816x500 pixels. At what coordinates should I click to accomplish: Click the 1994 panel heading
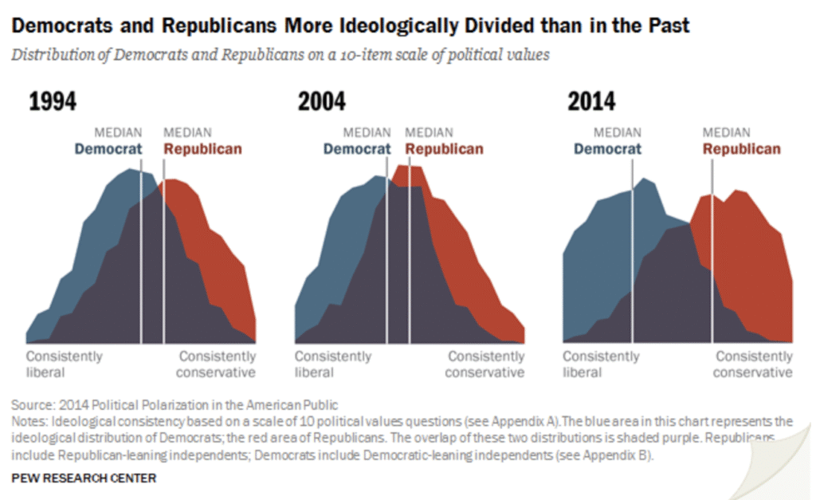point(53,102)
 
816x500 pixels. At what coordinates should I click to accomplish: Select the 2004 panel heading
point(321,102)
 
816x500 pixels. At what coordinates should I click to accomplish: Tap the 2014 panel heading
point(590,102)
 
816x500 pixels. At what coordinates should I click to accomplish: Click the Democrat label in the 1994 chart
point(108,148)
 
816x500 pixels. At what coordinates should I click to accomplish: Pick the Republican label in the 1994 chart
point(202,148)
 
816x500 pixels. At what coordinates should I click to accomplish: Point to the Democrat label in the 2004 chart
point(357,148)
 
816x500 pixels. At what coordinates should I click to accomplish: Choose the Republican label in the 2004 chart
point(444,148)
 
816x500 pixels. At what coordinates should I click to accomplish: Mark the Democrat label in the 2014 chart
point(607,148)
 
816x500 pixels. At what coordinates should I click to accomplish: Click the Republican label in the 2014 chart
point(741,148)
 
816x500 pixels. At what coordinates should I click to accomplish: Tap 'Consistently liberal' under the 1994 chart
point(64,364)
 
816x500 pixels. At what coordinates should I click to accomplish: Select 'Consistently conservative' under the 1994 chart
point(217,364)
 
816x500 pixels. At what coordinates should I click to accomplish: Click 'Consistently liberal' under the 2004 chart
point(332,364)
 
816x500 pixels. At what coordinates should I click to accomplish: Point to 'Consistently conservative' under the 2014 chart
point(754,364)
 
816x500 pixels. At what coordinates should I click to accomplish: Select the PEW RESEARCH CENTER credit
point(84,478)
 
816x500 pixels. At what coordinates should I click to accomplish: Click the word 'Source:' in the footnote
point(34,404)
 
